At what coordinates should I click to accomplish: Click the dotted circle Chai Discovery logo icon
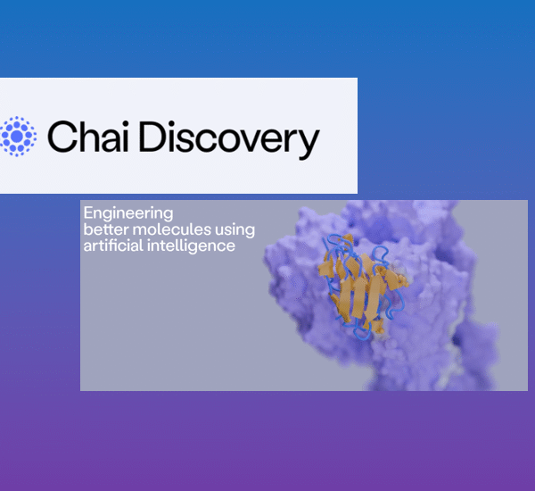point(17,136)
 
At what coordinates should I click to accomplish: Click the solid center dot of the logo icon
point(17,136)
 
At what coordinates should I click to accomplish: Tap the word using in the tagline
point(235,230)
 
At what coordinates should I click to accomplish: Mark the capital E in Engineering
point(87,213)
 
